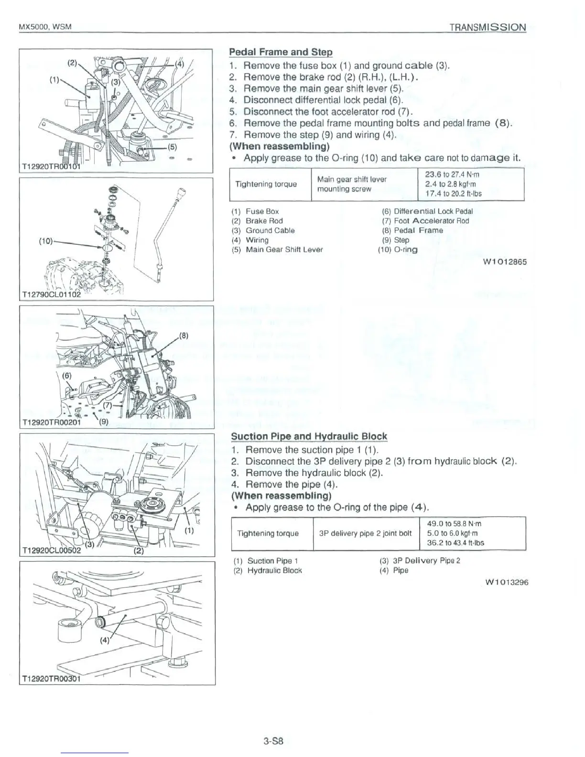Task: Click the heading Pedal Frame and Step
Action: click(x=281, y=52)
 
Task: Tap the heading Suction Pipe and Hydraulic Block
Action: click(x=309, y=436)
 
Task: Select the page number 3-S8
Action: click(x=273, y=742)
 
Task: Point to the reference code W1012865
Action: click(x=505, y=262)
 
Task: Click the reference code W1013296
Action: click(x=506, y=582)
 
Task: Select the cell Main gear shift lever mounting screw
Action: click(x=351, y=184)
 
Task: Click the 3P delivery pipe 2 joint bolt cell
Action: click(x=365, y=533)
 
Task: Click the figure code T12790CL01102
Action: click(x=50, y=295)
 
